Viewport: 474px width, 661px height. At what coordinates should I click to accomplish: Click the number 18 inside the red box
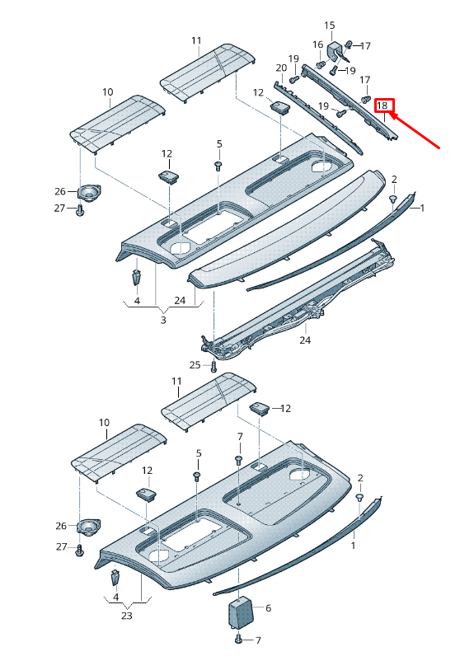382,105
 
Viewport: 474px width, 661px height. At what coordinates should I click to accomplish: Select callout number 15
330,26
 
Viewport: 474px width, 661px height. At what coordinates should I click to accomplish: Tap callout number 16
318,44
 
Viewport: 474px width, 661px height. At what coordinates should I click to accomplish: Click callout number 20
280,68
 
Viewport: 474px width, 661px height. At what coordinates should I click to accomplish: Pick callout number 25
195,364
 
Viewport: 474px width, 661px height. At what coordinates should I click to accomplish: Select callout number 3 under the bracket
163,319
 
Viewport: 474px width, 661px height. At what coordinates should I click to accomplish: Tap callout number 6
267,608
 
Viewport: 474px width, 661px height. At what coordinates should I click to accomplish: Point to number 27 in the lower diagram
60,546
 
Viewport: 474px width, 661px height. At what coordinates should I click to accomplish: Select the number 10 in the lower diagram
104,423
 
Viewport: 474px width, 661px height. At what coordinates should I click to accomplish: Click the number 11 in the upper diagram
196,40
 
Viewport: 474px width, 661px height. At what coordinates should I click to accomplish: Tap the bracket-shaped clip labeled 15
336,52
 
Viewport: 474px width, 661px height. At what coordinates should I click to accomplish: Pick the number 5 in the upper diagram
219,144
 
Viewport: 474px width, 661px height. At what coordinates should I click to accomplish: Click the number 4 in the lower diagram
115,596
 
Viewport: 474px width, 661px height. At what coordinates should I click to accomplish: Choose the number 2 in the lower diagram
360,478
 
